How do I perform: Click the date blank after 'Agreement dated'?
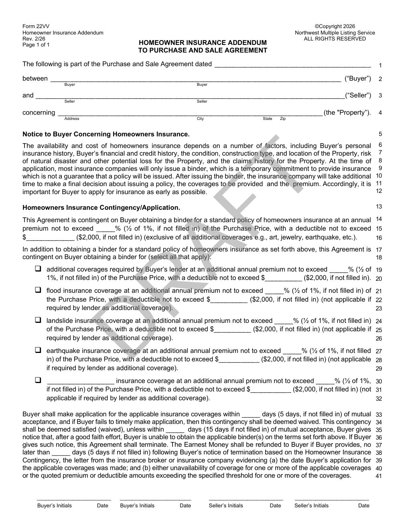[x=292, y=64]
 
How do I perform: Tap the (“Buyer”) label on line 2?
[x=357, y=79]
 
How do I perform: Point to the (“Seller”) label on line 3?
[x=358, y=95]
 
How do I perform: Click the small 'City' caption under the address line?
[x=200, y=119]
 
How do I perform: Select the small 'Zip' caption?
[x=283, y=119]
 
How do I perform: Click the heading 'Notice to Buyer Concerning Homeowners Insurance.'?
[x=106, y=134]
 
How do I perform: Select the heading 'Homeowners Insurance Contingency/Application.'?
[x=101, y=208]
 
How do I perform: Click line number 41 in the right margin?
[x=379, y=476]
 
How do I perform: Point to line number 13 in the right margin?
[x=379, y=207]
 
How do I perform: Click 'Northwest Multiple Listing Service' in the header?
[x=335, y=33]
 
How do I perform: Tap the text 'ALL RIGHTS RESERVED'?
[x=335, y=39]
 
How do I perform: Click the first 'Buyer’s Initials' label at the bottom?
[x=55, y=506]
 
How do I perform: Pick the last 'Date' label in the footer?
[x=363, y=506]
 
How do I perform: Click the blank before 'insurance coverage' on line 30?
[x=81, y=381]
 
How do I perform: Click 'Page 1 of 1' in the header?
[x=36, y=45]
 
